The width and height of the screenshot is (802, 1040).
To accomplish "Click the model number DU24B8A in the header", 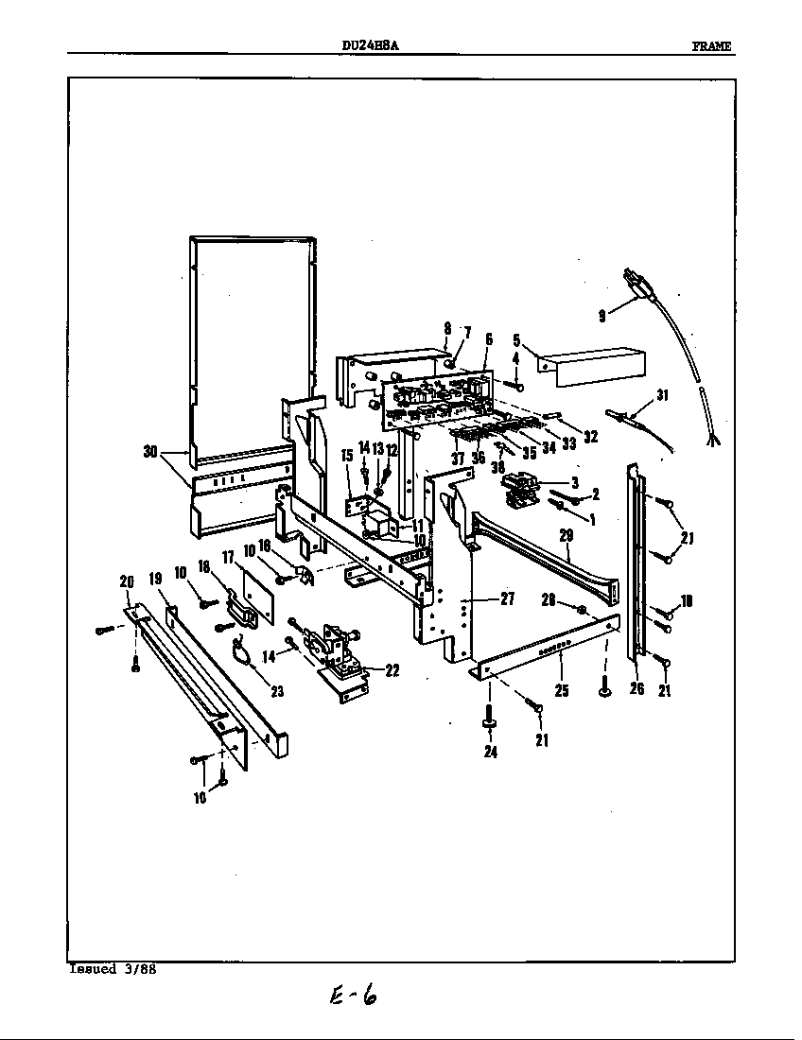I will [x=369, y=46].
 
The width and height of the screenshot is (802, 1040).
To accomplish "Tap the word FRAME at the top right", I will [x=711, y=47].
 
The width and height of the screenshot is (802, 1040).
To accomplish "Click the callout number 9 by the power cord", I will [x=602, y=317].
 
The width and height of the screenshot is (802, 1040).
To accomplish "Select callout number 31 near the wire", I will [x=662, y=396].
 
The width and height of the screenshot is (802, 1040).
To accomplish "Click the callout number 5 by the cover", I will [x=516, y=338].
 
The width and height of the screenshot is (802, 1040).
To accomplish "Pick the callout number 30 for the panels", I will [x=150, y=452].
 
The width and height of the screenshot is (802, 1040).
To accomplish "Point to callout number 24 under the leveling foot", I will [x=490, y=753].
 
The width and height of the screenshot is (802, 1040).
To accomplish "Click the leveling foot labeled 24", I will [x=490, y=723].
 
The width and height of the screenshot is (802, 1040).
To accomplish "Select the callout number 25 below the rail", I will [x=562, y=691].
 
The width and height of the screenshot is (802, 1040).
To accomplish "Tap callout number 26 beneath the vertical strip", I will [x=636, y=689].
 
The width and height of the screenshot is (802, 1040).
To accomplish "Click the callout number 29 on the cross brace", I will [x=567, y=536].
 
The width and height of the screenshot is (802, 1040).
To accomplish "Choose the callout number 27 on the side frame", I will [x=506, y=598].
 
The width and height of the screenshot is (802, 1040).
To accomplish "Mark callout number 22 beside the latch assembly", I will [x=392, y=670].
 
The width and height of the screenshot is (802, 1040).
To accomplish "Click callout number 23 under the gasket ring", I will [x=276, y=691].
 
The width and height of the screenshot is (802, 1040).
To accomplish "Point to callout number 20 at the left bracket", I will [x=127, y=581].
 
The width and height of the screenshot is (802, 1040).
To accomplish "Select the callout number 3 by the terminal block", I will [x=574, y=481].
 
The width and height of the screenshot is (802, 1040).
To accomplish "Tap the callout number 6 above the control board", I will [x=489, y=338].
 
